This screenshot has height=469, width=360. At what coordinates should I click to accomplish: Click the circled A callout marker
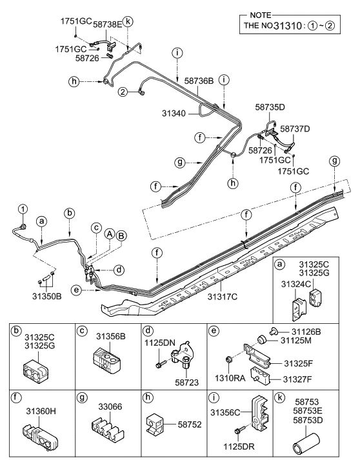pos(110,234)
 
